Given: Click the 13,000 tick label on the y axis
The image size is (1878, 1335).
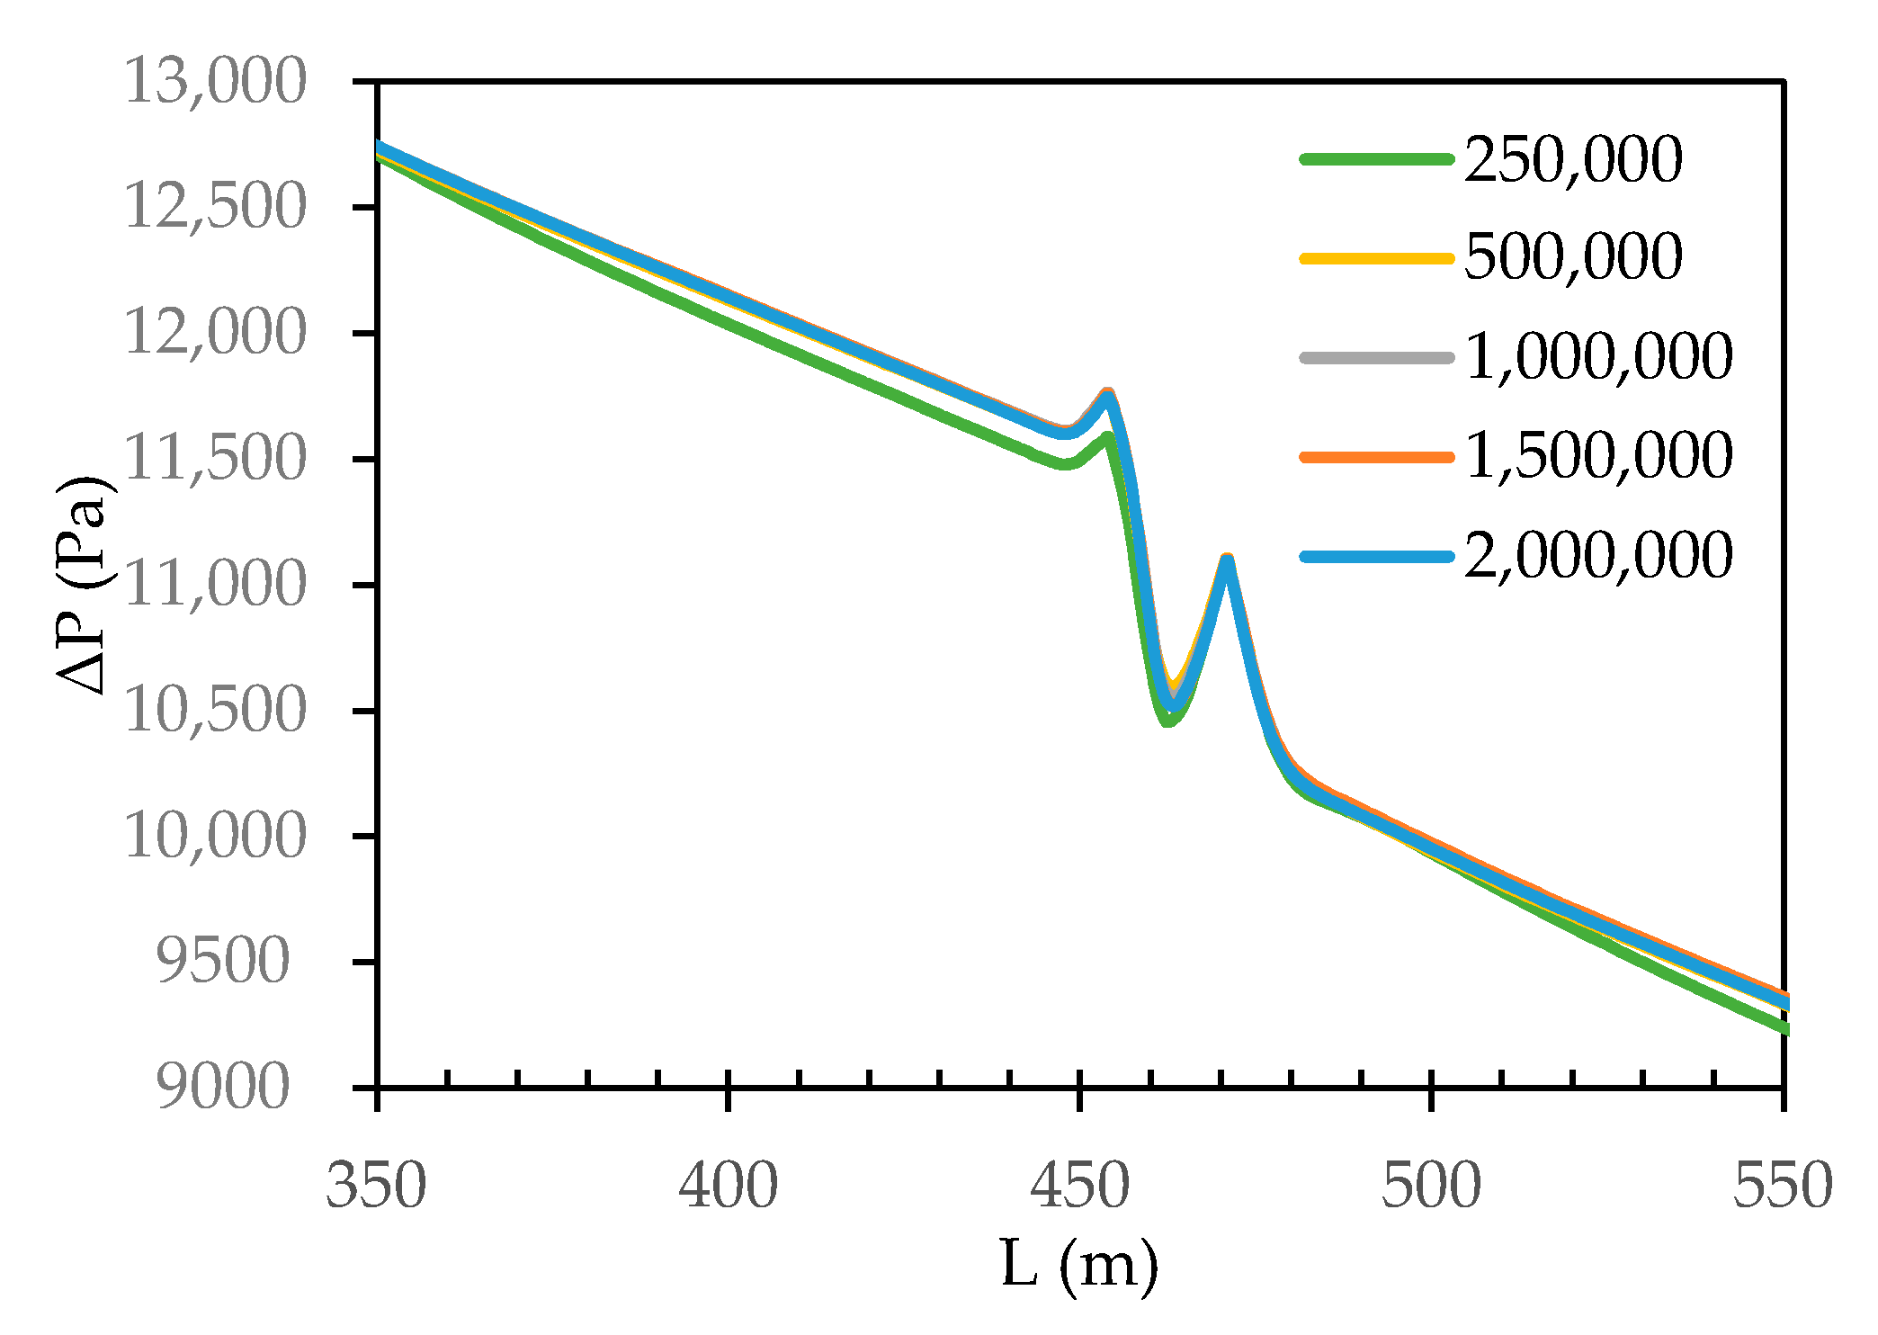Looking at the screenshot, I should pyautogui.click(x=215, y=81).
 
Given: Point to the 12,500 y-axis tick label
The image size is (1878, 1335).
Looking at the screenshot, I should pyautogui.click(x=215, y=207).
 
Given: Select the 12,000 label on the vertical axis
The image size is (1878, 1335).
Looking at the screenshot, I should pyautogui.click(x=215, y=333).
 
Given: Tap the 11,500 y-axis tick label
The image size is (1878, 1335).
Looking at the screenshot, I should pyautogui.click(x=215, y=459).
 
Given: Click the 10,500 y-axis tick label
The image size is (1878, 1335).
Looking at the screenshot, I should pyautogui.click(x=215, y=711).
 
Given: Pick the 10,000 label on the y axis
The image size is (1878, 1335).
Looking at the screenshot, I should pyautogui.click(x=215, y=837).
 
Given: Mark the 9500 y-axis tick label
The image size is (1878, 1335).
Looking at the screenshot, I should pyautogui.click(x=223, y=962).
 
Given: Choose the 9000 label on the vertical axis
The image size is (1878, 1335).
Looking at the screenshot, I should pyautogui.click(x=223, y=1088).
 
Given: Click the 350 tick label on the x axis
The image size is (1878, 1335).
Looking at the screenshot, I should pyautogui.click(x=376, y=1186).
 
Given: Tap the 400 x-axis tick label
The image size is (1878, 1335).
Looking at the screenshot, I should pyautogui.click(x=728, y=1186).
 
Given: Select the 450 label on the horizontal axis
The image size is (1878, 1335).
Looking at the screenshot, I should pyautogui.click(x=1079, y=1186).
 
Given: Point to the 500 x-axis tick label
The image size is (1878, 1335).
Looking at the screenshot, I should pyautogui.click(x=1431, y=1186).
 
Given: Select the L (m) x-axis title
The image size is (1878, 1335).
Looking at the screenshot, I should pyautogui.click(x=1079, y=1265).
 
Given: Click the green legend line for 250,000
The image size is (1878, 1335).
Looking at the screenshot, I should pyautogui.click(x=1377, y=159).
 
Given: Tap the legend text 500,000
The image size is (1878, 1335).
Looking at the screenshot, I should pyautogui.click(x=1573, y=257).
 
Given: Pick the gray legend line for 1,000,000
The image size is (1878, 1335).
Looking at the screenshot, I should pyautogui.click(x=1377, y=357).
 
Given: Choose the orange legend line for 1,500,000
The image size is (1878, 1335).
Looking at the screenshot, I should pyautogui.click(x=1377, y=457).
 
